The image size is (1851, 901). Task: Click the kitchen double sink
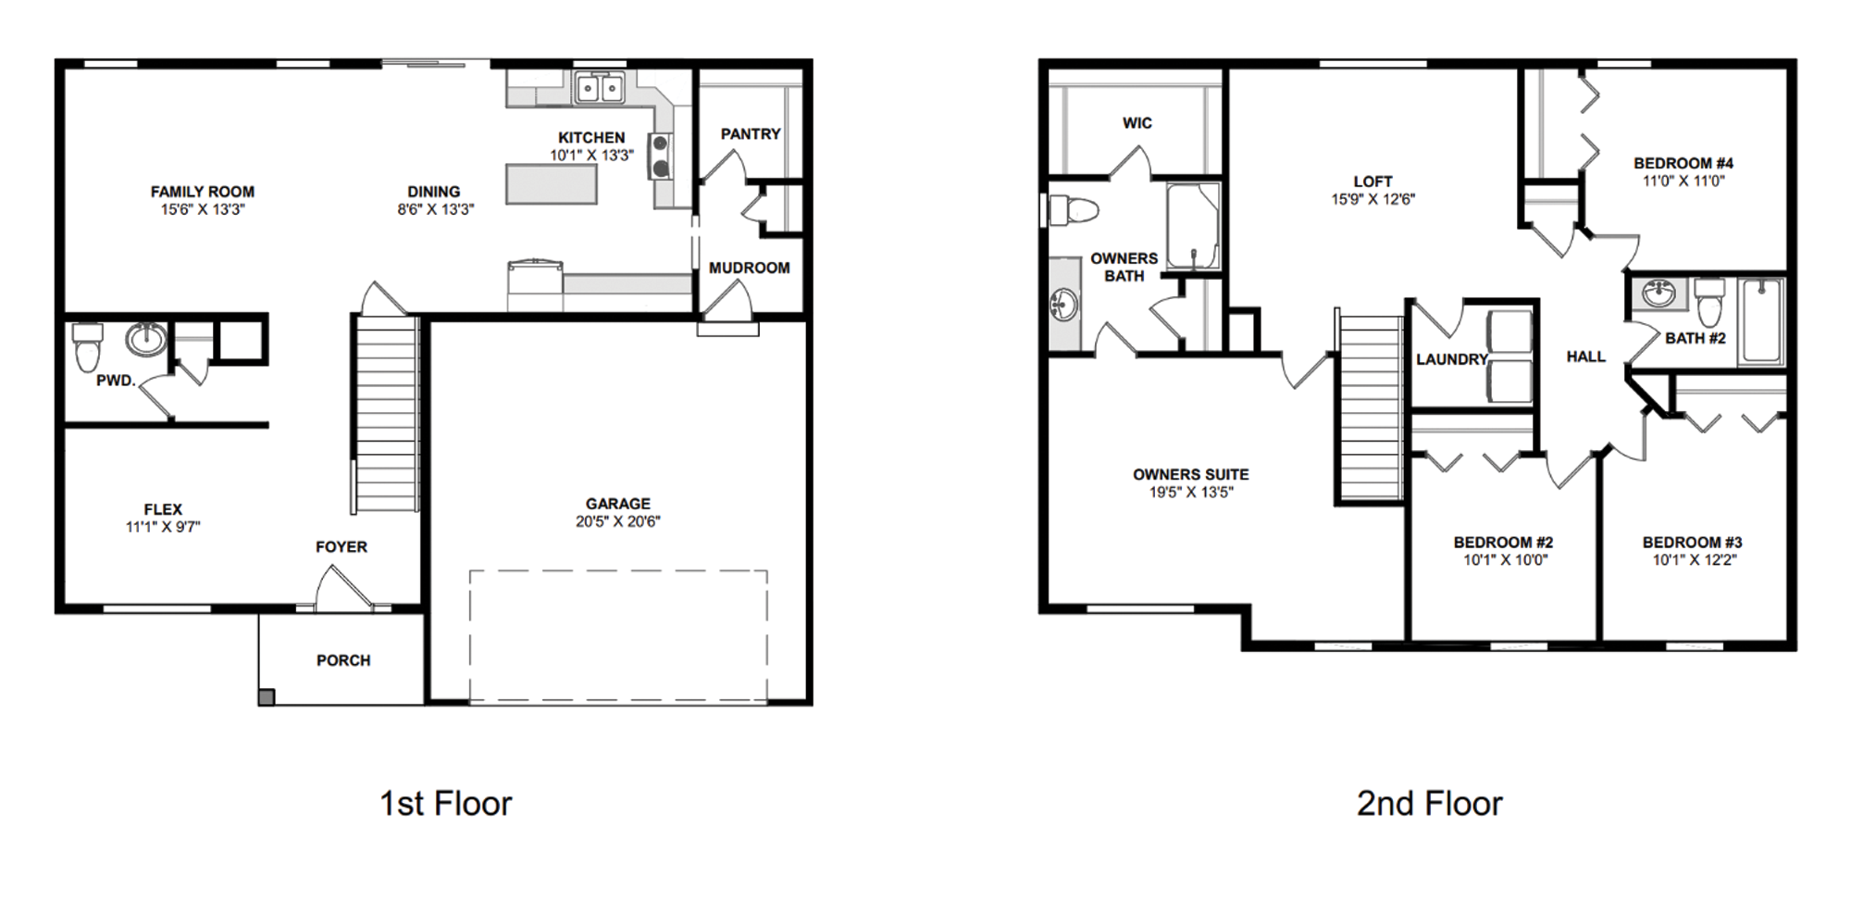pyautogui.click(x=600, y=89)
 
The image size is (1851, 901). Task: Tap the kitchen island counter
pyautogui.click(x=551, y=183)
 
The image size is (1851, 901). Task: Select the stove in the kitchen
pyautogui.click(x=661, y=156)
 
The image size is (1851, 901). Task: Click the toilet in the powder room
pyautogui.click(x=87, y=346)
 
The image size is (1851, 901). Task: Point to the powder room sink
pyautogui.click(x=145, y=339)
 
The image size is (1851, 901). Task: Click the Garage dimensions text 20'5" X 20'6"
pyautogui.click(x=617, y=521)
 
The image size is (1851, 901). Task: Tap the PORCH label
pyautogui.click(x=343, y=660)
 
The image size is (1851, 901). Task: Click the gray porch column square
pyautogui.click(x=266, y=697)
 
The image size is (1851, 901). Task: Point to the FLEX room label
pyautogui.click(x=163, y=509)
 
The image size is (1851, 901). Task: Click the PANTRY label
pyautogui.click(x=751, y=134)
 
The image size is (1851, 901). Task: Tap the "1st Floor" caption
pyautogui.click(x=445, y=803)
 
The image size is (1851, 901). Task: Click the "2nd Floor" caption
pyautogui.click(x=1429, y=803)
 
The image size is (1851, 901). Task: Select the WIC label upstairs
pyautogui.click(x=1137, y=123)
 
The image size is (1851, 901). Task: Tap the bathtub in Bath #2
pyautogui.click(x=1761, y=320)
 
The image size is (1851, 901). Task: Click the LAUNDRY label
pyautogui.click(x=1451, y=359)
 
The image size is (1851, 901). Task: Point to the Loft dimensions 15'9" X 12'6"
pyautogui.click(x=1373, y=199)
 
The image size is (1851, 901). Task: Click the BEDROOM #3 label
pyautogui.click(x=1692, y=543)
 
